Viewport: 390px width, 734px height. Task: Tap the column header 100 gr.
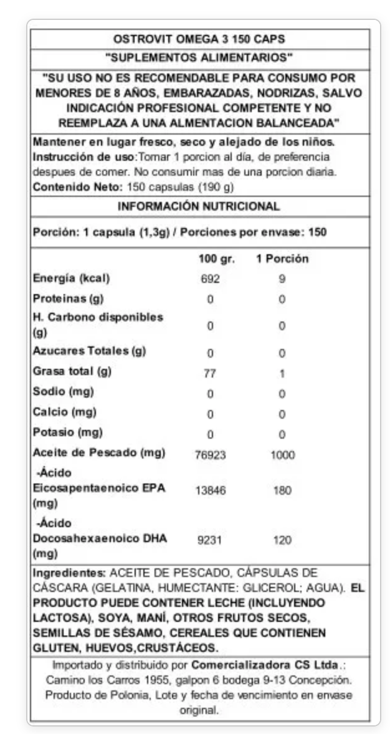pos(216,259)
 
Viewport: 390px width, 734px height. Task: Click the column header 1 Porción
pos(282,259)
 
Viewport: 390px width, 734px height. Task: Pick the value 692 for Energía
pos(210,279)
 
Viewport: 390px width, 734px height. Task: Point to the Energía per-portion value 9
pos(282,279)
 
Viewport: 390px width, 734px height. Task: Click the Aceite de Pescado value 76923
pos(211,455)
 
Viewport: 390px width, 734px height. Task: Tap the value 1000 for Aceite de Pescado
pos(282,455)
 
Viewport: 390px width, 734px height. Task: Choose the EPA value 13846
pos(211,491)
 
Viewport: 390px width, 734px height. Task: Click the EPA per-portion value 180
pos(282,491)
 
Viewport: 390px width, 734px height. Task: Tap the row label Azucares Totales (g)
pos(89,351)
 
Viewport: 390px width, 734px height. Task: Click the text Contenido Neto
pos(77,186)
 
